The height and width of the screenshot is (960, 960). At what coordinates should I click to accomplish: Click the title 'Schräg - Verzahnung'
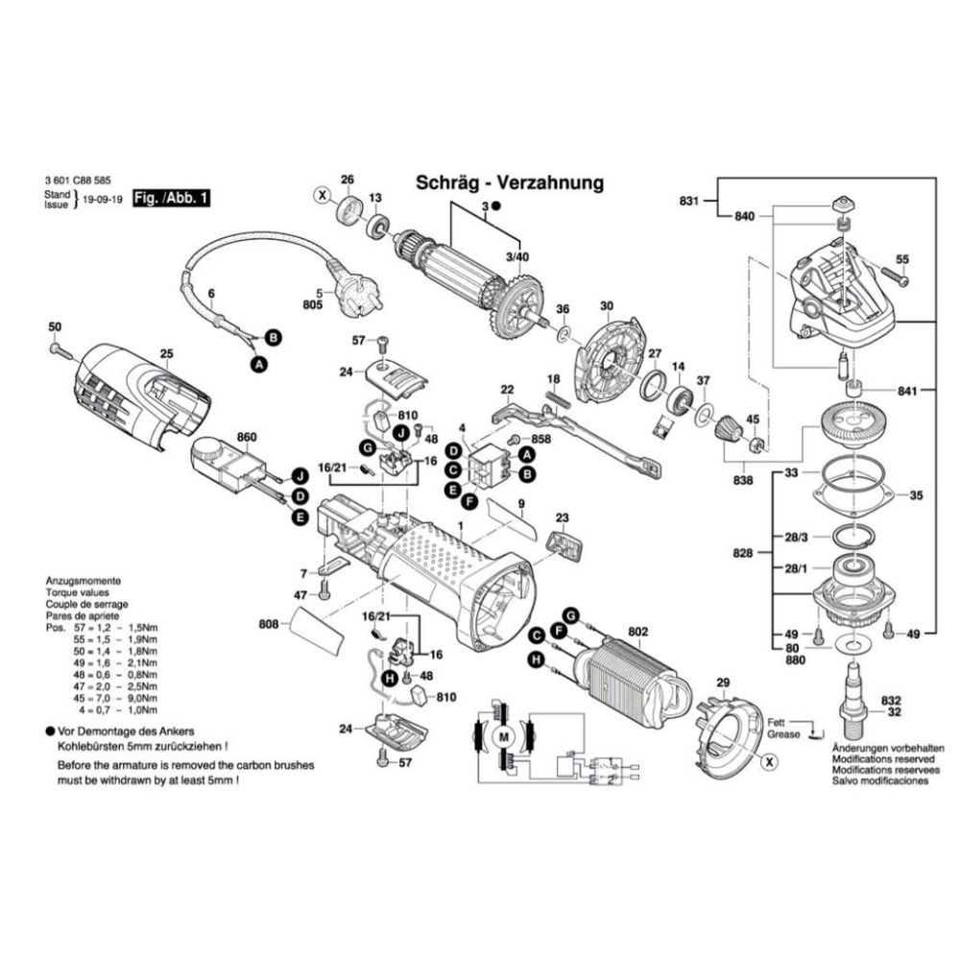[x=508, y=182]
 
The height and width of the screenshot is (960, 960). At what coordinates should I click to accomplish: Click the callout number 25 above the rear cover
[x=166, y=354]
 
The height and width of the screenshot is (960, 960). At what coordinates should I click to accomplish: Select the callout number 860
[x=247, y=437]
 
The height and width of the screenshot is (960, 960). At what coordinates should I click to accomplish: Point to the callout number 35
[x=916, y=496]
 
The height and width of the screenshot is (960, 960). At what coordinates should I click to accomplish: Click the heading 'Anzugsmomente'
[x=83, y=583]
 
